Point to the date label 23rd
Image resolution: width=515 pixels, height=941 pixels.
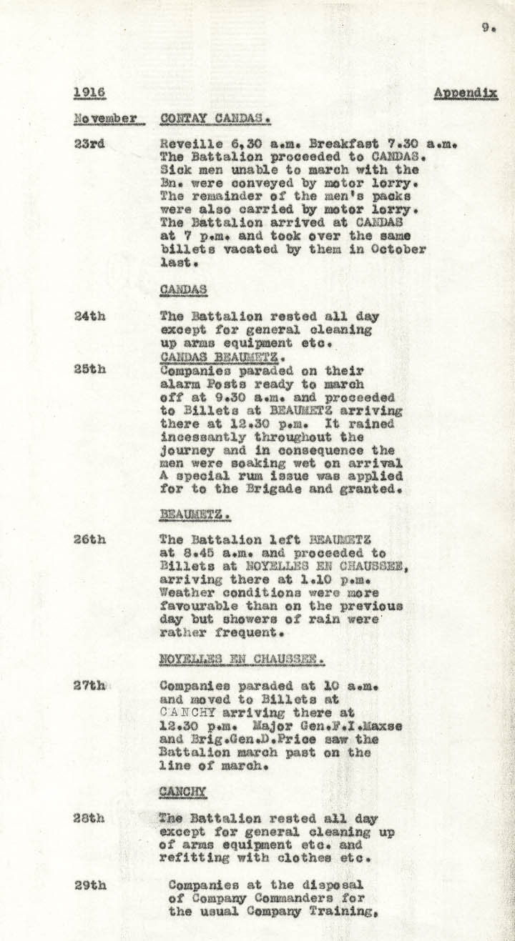[x=89, y=143]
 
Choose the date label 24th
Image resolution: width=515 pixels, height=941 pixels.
[x=89, y=316]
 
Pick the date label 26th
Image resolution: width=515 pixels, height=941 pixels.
[x=89, y=539]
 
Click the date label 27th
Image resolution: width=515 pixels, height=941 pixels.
[x=89, y=685]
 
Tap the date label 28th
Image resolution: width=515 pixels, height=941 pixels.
[x=89, y=819]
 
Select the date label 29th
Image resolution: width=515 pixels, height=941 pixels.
[x=89, y=885]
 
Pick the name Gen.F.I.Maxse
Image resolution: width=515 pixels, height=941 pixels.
[x=362, y=726]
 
